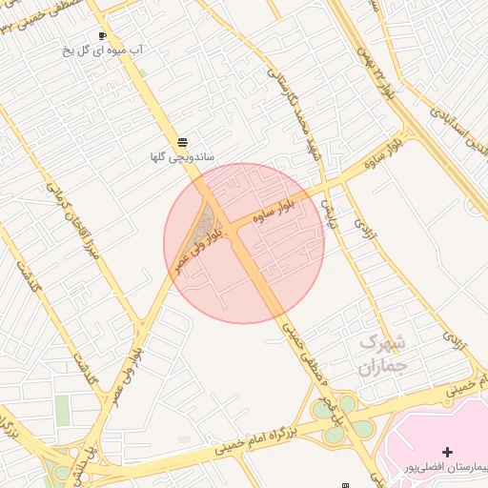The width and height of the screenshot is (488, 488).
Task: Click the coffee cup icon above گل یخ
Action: tap(102, 35)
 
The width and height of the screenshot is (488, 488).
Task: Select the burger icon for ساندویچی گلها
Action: tap(183, 141)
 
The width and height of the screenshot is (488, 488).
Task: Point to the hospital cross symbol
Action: tap(448, 451)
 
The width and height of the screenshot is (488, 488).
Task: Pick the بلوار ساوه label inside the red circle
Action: tap(278, 210)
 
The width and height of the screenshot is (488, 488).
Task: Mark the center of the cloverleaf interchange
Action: tap(341, 419)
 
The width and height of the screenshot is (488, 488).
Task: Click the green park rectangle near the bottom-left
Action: tap(63, 411)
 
